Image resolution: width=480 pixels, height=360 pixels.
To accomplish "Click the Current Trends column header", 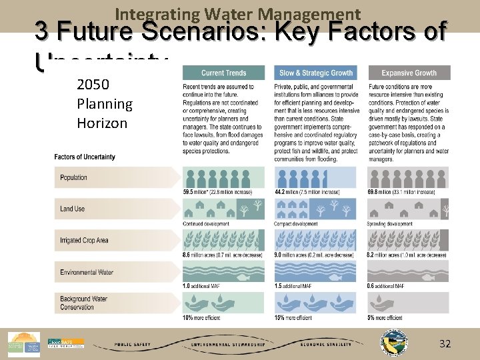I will click(x=223, y=73).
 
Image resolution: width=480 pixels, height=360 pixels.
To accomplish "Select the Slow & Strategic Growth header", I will click(x=316, y=73).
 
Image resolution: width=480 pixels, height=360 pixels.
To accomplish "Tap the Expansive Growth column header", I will click(x=409, y=73).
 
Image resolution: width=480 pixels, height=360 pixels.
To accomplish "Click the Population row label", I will click(x=74, y=177).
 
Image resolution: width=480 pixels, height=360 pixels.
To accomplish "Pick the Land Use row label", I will click(x=73, y=209).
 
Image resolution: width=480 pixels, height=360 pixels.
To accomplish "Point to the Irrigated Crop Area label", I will click(x=84, y=240).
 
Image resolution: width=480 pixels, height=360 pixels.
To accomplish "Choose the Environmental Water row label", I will click(x=87, y=272).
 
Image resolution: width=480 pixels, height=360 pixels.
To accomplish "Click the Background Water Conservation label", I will click(x=83, y=303).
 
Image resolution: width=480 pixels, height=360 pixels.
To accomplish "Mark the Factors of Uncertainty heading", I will click(x=85, y=157).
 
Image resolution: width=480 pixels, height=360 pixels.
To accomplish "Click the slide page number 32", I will click(x=445, y=344).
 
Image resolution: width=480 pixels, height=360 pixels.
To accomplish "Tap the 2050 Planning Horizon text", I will click(x=105, y=104).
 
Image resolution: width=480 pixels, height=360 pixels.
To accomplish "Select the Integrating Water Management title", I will click(x=238, y=13).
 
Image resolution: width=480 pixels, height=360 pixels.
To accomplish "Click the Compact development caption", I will click(x=297, y=224).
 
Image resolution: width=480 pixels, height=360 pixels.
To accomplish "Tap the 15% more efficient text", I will click(x=293, y=318).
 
